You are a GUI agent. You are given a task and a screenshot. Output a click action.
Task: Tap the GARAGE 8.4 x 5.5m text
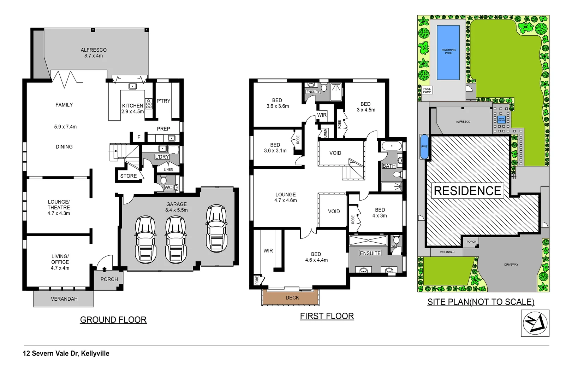click(177, 207)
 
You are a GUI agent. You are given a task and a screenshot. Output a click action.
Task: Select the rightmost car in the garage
click(216, 228)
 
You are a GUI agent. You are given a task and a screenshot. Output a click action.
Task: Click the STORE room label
click(129, 176)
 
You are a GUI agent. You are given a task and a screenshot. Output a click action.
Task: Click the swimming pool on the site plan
click(448, 52)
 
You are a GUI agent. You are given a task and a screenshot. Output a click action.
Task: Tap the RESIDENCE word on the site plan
click(467, 191)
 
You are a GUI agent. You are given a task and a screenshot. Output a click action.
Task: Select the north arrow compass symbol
click(535, 323)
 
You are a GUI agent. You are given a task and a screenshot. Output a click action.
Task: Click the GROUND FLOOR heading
click(113, 320)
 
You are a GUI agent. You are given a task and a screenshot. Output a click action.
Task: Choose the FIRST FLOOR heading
click(327, 316)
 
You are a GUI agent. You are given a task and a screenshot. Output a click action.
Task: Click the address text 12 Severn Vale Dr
click(66, 353)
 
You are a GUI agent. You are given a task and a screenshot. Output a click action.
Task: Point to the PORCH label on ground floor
click(109, 279)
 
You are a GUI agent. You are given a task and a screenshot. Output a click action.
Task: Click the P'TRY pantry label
click(163, 101)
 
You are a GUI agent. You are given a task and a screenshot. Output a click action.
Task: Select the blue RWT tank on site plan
click(424, 146)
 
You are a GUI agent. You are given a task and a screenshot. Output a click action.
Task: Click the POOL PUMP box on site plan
click(427, 90)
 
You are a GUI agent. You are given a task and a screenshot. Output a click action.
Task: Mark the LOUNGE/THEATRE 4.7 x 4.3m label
click(59, 208)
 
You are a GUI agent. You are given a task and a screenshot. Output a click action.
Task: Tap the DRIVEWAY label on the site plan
click(511, 265)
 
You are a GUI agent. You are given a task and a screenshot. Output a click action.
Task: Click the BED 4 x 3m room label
click(380, 213)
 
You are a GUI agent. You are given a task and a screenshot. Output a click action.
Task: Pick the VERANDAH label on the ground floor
click(64, 299)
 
